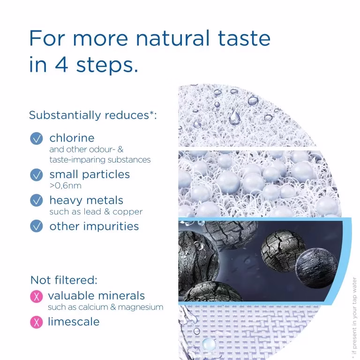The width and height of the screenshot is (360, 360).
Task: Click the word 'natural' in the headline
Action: pos(172,38)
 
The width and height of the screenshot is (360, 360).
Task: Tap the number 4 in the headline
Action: pos(61,64)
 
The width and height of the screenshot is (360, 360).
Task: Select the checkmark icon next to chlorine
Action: pos(36,138)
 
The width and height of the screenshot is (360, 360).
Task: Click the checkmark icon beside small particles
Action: pos(36,175)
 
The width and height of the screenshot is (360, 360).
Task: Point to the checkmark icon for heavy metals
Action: pos(36,201)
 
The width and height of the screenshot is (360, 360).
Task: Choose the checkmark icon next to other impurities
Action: pos(36,226)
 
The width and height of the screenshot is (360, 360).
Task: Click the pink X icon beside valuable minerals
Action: pos(36,296)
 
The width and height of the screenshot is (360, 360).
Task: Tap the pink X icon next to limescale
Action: pos(36,322)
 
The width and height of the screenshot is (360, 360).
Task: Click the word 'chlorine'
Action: pos(72,138)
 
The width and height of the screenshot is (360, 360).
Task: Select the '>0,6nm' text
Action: pos(66,186)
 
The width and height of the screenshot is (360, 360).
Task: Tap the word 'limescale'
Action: pos(74,322)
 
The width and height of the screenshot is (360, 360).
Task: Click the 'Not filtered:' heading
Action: pos(64,280)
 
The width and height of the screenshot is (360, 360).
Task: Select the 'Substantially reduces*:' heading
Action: pos(93,115)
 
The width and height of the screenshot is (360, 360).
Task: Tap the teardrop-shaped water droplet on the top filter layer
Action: pos(235,117)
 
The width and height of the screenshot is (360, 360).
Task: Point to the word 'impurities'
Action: pos(111,226)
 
